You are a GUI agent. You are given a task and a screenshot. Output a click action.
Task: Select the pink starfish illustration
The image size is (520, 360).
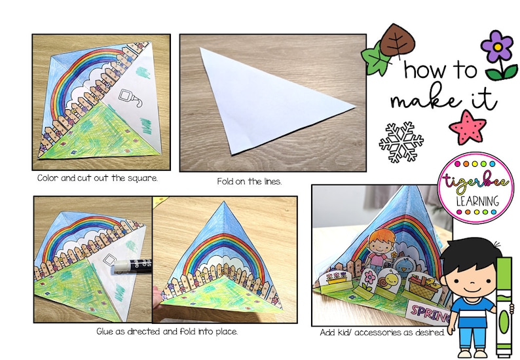(x=470, y=125)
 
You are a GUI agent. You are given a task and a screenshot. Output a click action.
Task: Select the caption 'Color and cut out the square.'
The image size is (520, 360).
(x=97, y=178)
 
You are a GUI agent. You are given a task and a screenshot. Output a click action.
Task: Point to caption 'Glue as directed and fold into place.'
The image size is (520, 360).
(x=166, y=332)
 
